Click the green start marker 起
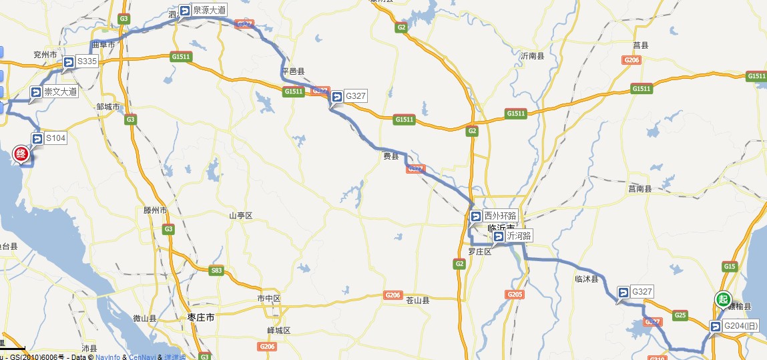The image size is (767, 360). (723, 299)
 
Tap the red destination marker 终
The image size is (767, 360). (21, 156)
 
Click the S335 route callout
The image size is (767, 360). (80, 61)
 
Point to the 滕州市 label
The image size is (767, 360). (155, 210)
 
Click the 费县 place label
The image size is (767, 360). (391, 156)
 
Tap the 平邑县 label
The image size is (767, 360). (293, 71)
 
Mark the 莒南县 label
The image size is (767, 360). (640, 189)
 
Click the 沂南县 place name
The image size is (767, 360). (532, 57)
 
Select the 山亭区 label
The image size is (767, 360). (240, 216)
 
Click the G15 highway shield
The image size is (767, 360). (730, 267)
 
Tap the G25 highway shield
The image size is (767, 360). (680, 315)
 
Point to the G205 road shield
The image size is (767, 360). (515, 295)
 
